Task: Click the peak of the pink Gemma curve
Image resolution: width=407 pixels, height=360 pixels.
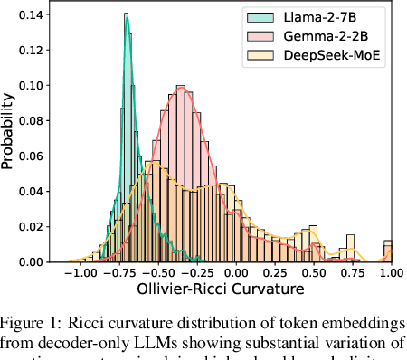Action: tap(183, 88)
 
